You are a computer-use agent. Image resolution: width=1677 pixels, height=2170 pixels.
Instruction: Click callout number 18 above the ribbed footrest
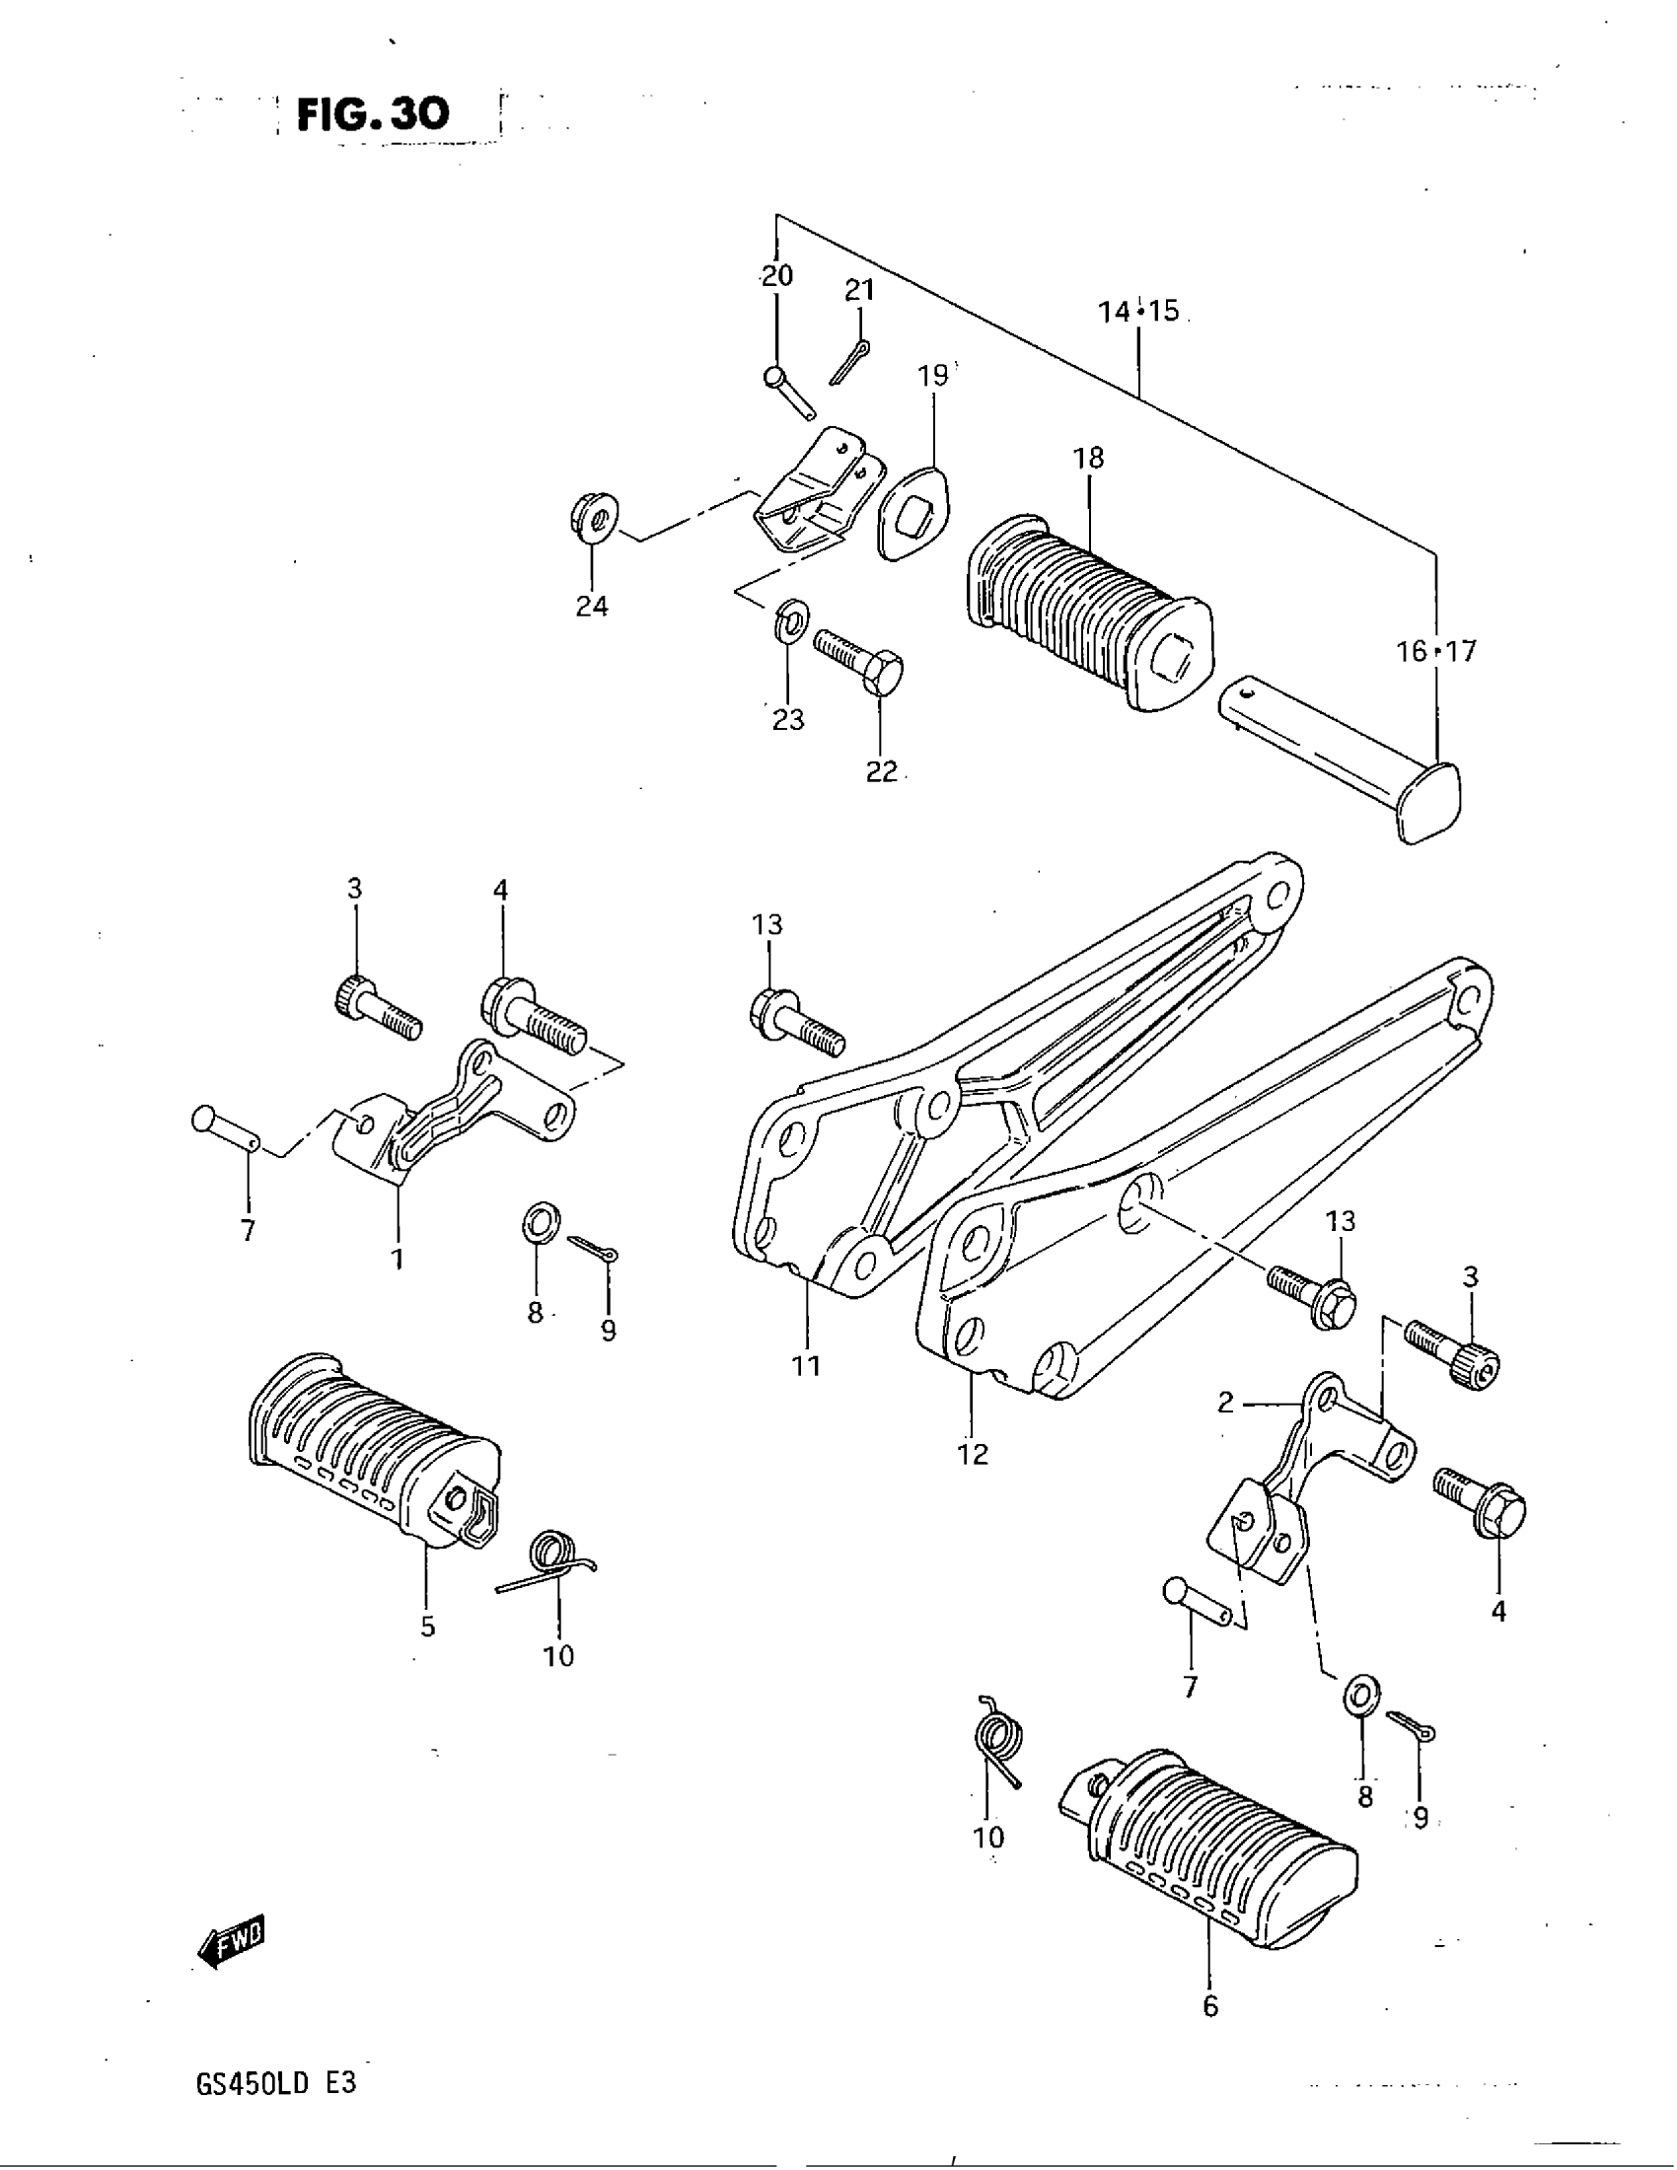point(1088,458)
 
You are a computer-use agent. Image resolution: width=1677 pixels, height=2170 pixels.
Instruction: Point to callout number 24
point(592,605)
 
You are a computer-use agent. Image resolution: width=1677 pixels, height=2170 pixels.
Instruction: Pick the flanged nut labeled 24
point(594,518)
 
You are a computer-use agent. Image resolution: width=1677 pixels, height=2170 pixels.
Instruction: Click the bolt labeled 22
point(860,660)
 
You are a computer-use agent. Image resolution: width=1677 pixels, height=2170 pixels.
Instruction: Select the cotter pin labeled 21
point(849,362)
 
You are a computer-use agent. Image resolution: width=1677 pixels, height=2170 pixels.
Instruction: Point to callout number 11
point(806,1365)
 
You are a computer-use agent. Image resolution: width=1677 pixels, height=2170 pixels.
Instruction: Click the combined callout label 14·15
point(1138,311)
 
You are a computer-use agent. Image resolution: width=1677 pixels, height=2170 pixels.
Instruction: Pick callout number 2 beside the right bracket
point(1225,1402)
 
